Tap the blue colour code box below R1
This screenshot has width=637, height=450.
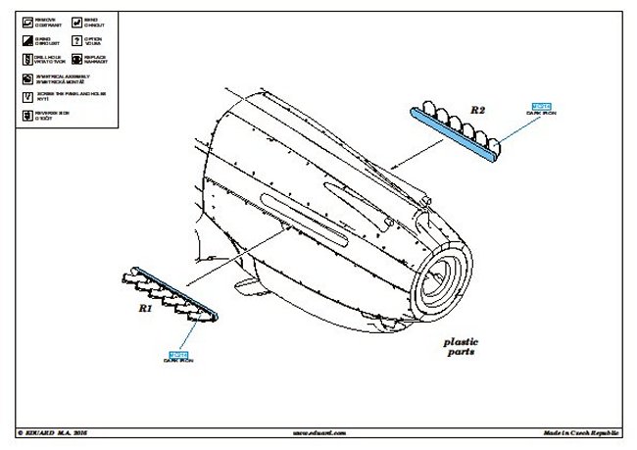[178, 353]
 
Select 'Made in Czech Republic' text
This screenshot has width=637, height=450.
[580, 431]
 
